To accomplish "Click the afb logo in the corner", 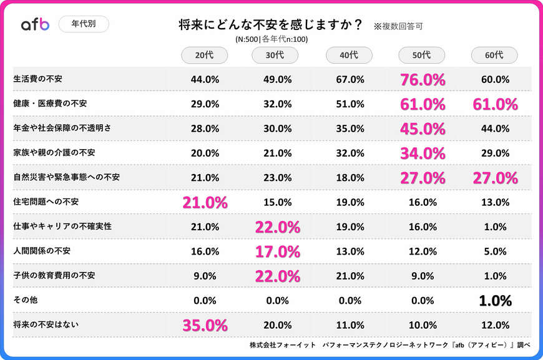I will pos(35,24).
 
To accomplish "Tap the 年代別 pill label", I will pos(83,24).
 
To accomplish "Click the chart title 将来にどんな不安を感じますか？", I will pos(271,25).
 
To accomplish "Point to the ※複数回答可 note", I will pos(398,27).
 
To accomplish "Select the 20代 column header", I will pos(204,55).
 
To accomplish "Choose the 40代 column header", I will pos(349,55).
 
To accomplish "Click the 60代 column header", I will pos(494,55).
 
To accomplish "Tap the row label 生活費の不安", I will pos(37,79).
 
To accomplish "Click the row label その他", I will pos(26,300).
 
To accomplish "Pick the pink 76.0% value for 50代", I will pos(422,80).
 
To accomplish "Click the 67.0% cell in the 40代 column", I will pos(350,80).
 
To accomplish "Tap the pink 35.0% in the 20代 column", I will pos(205,325).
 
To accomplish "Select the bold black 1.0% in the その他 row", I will pos(495,300).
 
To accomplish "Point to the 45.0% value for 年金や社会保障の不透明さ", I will pos(422,129).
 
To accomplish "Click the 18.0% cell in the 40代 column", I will pos(350,178).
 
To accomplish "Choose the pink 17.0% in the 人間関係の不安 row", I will pos(277,251).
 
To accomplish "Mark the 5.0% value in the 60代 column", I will pos(495,251).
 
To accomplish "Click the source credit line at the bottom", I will pos(389,345).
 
